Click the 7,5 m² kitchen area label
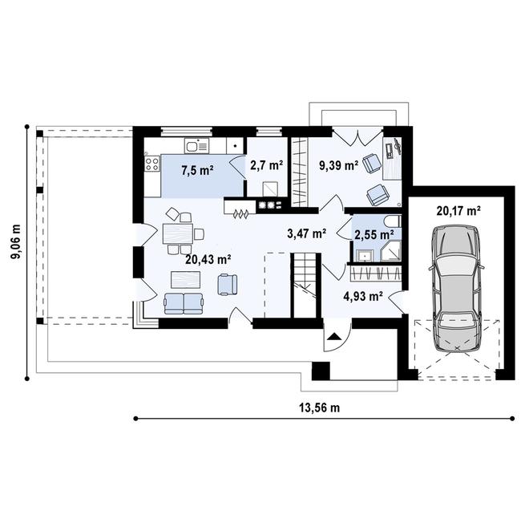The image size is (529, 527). [196, 170]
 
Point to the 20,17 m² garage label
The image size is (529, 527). [458, 212]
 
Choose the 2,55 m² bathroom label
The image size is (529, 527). [374, 234]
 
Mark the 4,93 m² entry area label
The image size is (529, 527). [363, 296]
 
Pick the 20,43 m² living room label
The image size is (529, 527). [208, 259]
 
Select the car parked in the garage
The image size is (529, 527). [456, 289]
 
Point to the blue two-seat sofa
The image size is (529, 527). [184, 302]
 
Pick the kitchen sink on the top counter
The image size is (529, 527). [196, 146]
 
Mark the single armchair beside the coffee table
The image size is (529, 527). [228, 283]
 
